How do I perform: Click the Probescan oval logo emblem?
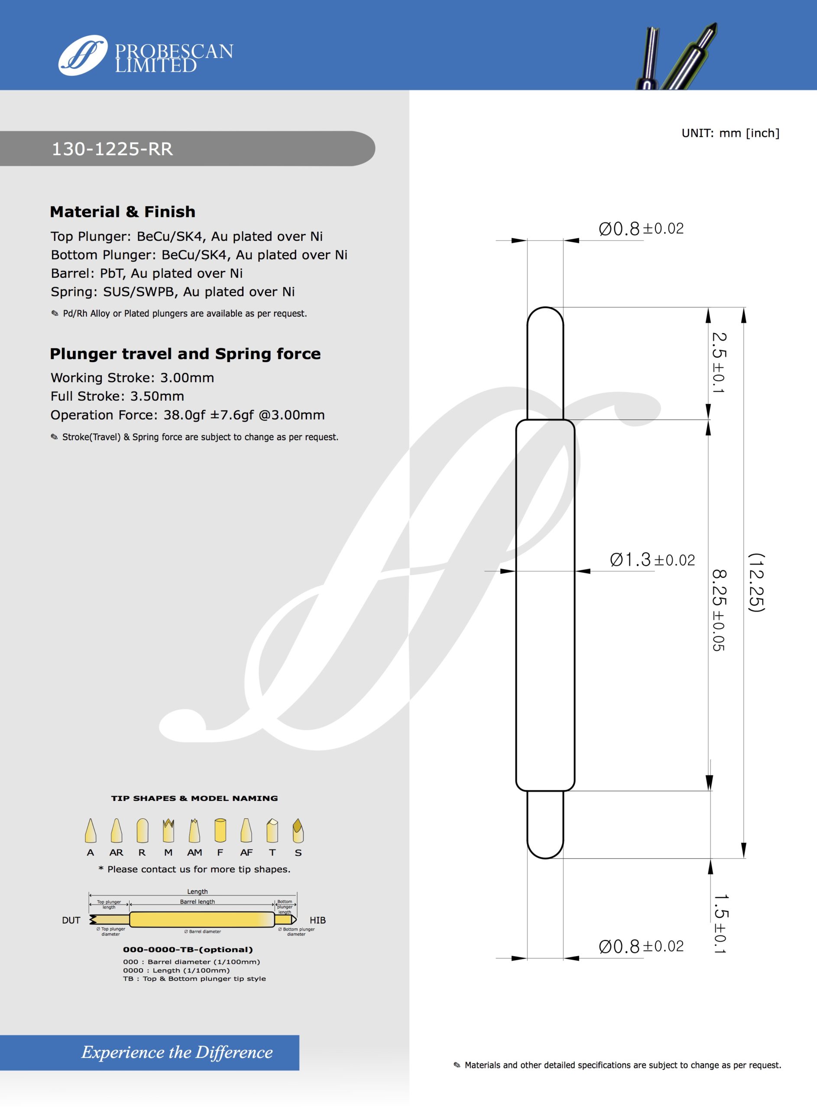[83, 55]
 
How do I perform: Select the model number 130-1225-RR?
[112, 149]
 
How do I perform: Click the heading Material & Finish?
[123, 212]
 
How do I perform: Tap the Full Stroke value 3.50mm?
[157, 396]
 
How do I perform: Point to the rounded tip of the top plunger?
[545, 312]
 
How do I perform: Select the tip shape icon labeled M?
[169, 830]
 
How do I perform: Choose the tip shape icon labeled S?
[298, 830]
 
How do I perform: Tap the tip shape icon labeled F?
[220, 830]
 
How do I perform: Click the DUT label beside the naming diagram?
[71, 920]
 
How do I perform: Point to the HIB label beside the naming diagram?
[318, 920]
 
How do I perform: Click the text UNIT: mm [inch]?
[730, 133]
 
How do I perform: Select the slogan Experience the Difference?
[177, 1052]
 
